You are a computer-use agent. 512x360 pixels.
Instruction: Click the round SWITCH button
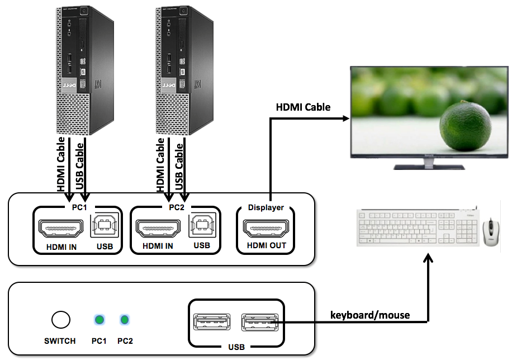click(61, 320)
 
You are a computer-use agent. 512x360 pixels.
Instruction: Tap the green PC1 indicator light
click(99, 320)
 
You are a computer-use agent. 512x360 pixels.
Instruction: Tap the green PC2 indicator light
click(125, 320)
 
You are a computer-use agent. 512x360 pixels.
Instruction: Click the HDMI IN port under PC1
click(60, 228)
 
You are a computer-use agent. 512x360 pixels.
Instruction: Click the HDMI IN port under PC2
click(158, 228)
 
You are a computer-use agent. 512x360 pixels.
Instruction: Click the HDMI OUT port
click(266, 228)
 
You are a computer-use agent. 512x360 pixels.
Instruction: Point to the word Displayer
click(266, 207)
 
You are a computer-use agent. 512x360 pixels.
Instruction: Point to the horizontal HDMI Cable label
click(304, 107)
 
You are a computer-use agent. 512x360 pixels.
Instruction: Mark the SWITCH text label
click(60, 340)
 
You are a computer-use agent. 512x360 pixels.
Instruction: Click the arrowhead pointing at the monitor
click(344, 119)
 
